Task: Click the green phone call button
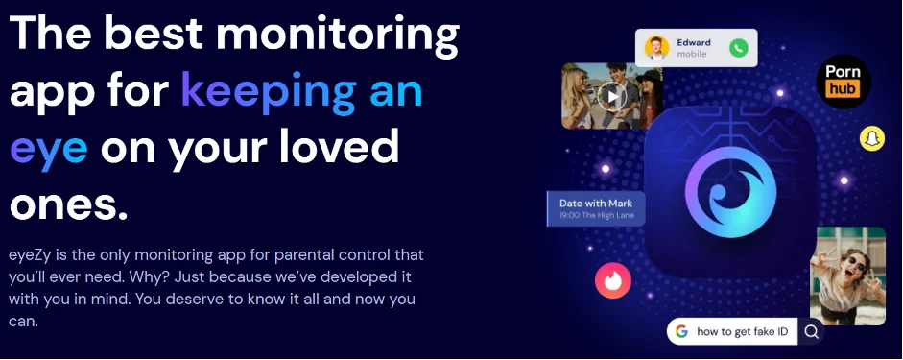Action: (738, 48)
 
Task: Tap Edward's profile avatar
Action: (656, 48)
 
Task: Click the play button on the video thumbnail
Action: (611, 96)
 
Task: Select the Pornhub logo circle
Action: (844, 82)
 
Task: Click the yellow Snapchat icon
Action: (872, 139)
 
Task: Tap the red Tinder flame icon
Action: (613, 280)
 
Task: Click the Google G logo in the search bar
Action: (682, 332)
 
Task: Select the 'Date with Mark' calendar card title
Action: (596, 203)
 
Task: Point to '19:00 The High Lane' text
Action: (596, 215)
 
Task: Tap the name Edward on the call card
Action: (694, 42)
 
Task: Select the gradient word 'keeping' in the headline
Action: (269, 92)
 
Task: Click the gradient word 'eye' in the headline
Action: (49, 148)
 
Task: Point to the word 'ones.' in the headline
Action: (68, 204)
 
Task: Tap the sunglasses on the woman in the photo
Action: (850, 262)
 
